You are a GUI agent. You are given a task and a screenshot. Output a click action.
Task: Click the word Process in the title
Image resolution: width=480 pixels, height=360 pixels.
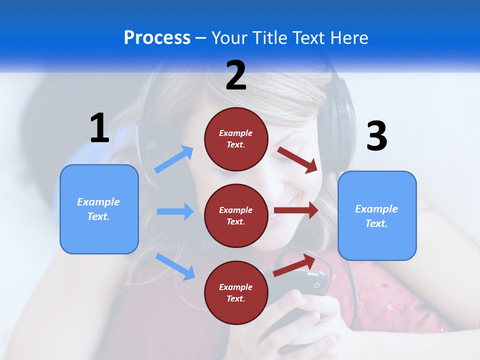pyautogui.click(x=157, y=37)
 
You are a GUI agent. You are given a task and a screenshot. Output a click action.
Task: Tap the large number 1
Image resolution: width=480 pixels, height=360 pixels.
pyautogui.click(x=99, y=128)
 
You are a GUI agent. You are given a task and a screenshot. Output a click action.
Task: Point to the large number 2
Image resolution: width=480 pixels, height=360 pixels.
pyautogui.click(x=236, y=75)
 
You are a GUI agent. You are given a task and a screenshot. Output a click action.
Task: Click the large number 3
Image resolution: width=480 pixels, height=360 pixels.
pyautogui.click(x=376, y=136)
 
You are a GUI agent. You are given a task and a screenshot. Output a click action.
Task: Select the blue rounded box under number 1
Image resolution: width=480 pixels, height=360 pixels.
pyautogui.click(x=99, y=209)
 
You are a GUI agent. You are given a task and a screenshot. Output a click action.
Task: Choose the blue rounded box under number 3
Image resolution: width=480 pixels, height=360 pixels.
pyautogui.click(x=377, y=215)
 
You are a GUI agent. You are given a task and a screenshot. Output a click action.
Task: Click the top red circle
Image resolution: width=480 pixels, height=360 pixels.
pyautogui.click(x=236, y=138)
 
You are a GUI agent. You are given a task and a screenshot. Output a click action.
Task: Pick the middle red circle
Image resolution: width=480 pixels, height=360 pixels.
pyautogui.click(x=236, y=215)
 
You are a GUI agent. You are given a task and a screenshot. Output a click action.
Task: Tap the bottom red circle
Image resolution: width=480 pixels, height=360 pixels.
pyautogui.click(x=236, y=292)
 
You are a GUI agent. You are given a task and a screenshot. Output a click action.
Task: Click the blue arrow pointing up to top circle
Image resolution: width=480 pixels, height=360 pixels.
pyautogui.click(x=174, y=159)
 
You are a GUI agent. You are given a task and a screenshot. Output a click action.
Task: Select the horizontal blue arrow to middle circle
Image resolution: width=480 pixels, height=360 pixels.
pyautogui.click(x=175, y=211)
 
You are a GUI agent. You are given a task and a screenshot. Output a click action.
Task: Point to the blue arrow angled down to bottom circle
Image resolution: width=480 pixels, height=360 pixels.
pyautogui.click(x=175, y=266)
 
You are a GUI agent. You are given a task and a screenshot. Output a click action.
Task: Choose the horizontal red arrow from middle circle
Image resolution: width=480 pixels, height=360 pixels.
pyautogui.click(x=296, y=210)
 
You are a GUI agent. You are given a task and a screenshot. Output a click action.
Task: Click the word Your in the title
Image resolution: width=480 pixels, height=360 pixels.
pyautogui.click(x=228, y=37)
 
